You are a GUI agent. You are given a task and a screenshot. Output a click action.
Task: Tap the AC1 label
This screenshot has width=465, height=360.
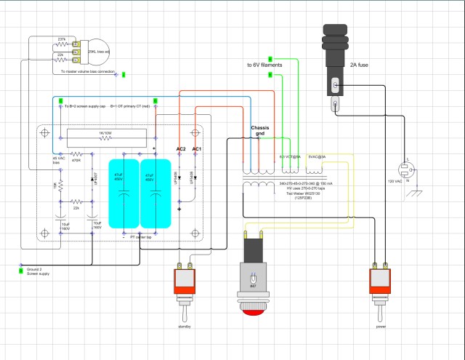pyautogui.click(x=198, y=148)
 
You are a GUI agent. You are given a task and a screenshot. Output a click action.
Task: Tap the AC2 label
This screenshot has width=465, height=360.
pyautogui.click(x=181, y=148)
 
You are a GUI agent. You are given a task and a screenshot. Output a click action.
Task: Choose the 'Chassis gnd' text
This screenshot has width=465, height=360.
pyautogui.click(x=263, y=131)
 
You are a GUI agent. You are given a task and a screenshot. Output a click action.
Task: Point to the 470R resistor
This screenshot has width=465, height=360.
pyautogui.click(x=76, y=161)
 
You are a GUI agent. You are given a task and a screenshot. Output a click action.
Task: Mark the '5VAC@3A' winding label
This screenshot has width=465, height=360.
pyautogui.click(x=318, y=156)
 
